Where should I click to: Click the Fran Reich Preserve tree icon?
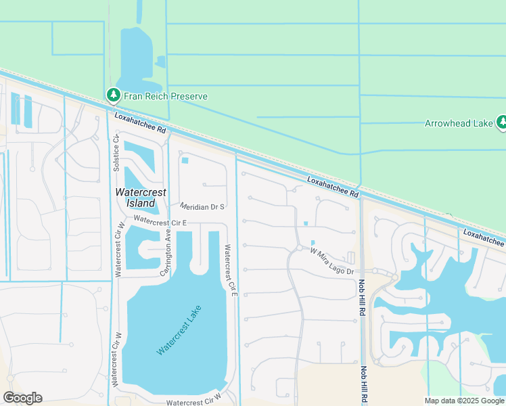coord(113,96)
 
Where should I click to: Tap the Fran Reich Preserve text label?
coord(165,97)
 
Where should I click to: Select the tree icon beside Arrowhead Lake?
coord(501,122)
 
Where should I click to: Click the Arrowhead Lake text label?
coord(458,123)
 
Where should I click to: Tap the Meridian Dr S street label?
coord(202,206)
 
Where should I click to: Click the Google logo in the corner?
coord(22,398)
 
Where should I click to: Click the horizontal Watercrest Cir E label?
coord(160,221)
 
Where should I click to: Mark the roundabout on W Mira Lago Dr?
coord(298,248)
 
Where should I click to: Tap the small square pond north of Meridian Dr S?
coord(185,160)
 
